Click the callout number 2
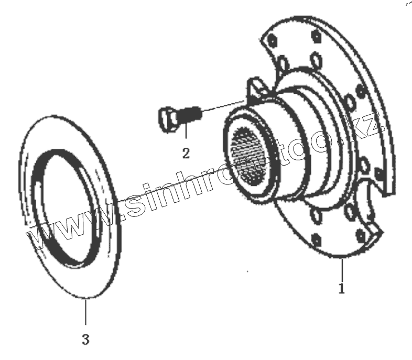coord(186,153)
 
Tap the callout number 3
coord(85,340)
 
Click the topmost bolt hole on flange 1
coord(316,37)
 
